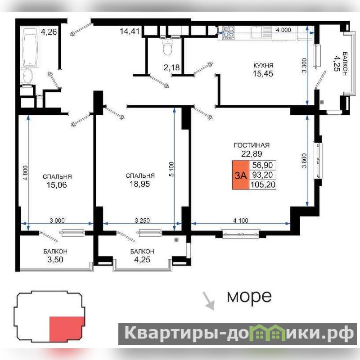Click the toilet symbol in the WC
[167, 47]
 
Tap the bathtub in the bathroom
[30, 47]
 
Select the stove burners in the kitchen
[229, 32]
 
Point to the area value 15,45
[263, 74]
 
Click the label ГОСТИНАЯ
[252, 145]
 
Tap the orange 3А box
[241, 175]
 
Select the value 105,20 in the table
[263, 184]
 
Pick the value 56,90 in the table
[262, 165]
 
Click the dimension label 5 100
[171, 169]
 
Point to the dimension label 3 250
[142, 220]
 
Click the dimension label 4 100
[241, 220]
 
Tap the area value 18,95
[140, 184]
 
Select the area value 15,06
[57, 185]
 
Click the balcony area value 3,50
[55, 260]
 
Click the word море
[249, 297]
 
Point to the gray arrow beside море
[208, 301]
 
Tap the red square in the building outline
[67, 329]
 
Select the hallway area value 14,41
[130, 31]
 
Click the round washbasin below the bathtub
[28, 76]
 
